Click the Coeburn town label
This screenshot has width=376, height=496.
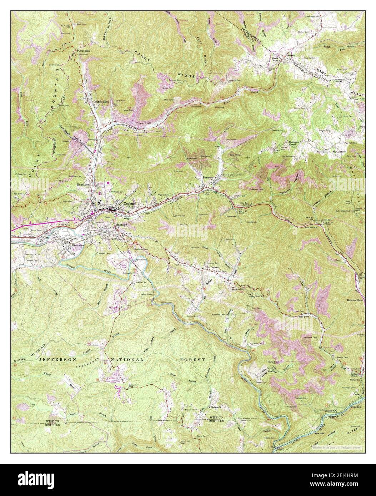click(x=130, y=204)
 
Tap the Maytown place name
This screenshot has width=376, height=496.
click(x=121, y=225)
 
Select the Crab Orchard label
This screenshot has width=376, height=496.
click(x=211, y=267)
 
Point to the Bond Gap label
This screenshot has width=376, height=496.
click(x=238, y=290)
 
